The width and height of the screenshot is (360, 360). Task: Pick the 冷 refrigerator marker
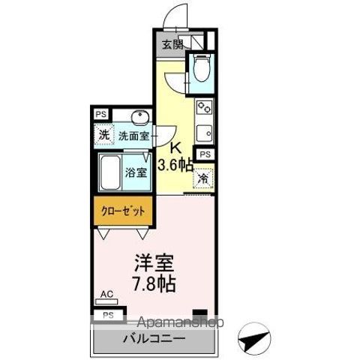coord(202,179)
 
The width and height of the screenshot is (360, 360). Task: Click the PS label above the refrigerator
coord(205,154)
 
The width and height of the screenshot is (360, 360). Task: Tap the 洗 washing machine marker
coord(104,136)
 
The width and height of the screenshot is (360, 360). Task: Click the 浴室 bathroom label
coord(136,169)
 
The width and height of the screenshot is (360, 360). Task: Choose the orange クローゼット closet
coord(123,211)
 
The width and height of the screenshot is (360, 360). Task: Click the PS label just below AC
coord(108,315)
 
